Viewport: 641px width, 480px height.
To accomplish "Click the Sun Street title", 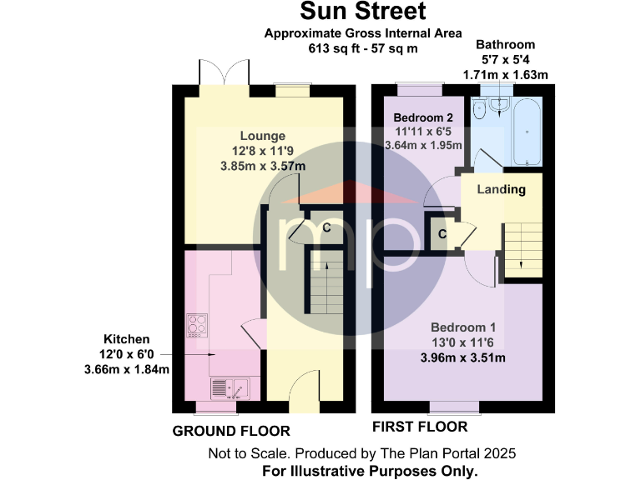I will [x=363, y=12].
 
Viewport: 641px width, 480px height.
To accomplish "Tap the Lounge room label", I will [x=263, y=136].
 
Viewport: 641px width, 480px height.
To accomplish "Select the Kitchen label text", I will [x=127, y=339].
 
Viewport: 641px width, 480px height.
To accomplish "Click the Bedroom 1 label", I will [x=463, y=327].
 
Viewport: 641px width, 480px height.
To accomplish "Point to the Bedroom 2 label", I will [x=423, y=117].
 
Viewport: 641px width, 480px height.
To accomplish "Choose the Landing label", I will [x=501, y=189].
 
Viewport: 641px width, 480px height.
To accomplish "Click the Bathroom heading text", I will [x=505, y=44].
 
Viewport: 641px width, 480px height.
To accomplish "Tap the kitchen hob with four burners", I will [x=197, y=324].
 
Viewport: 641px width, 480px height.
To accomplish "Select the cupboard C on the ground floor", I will [x=326, y=227].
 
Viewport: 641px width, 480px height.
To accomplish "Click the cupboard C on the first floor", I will [x=441, y=234].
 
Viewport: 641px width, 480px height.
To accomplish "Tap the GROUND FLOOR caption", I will [x=231, y=431].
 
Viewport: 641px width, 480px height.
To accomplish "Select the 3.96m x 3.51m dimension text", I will [x=463, y=358].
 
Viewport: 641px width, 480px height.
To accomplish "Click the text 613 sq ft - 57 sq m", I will [x=363, y=48].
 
